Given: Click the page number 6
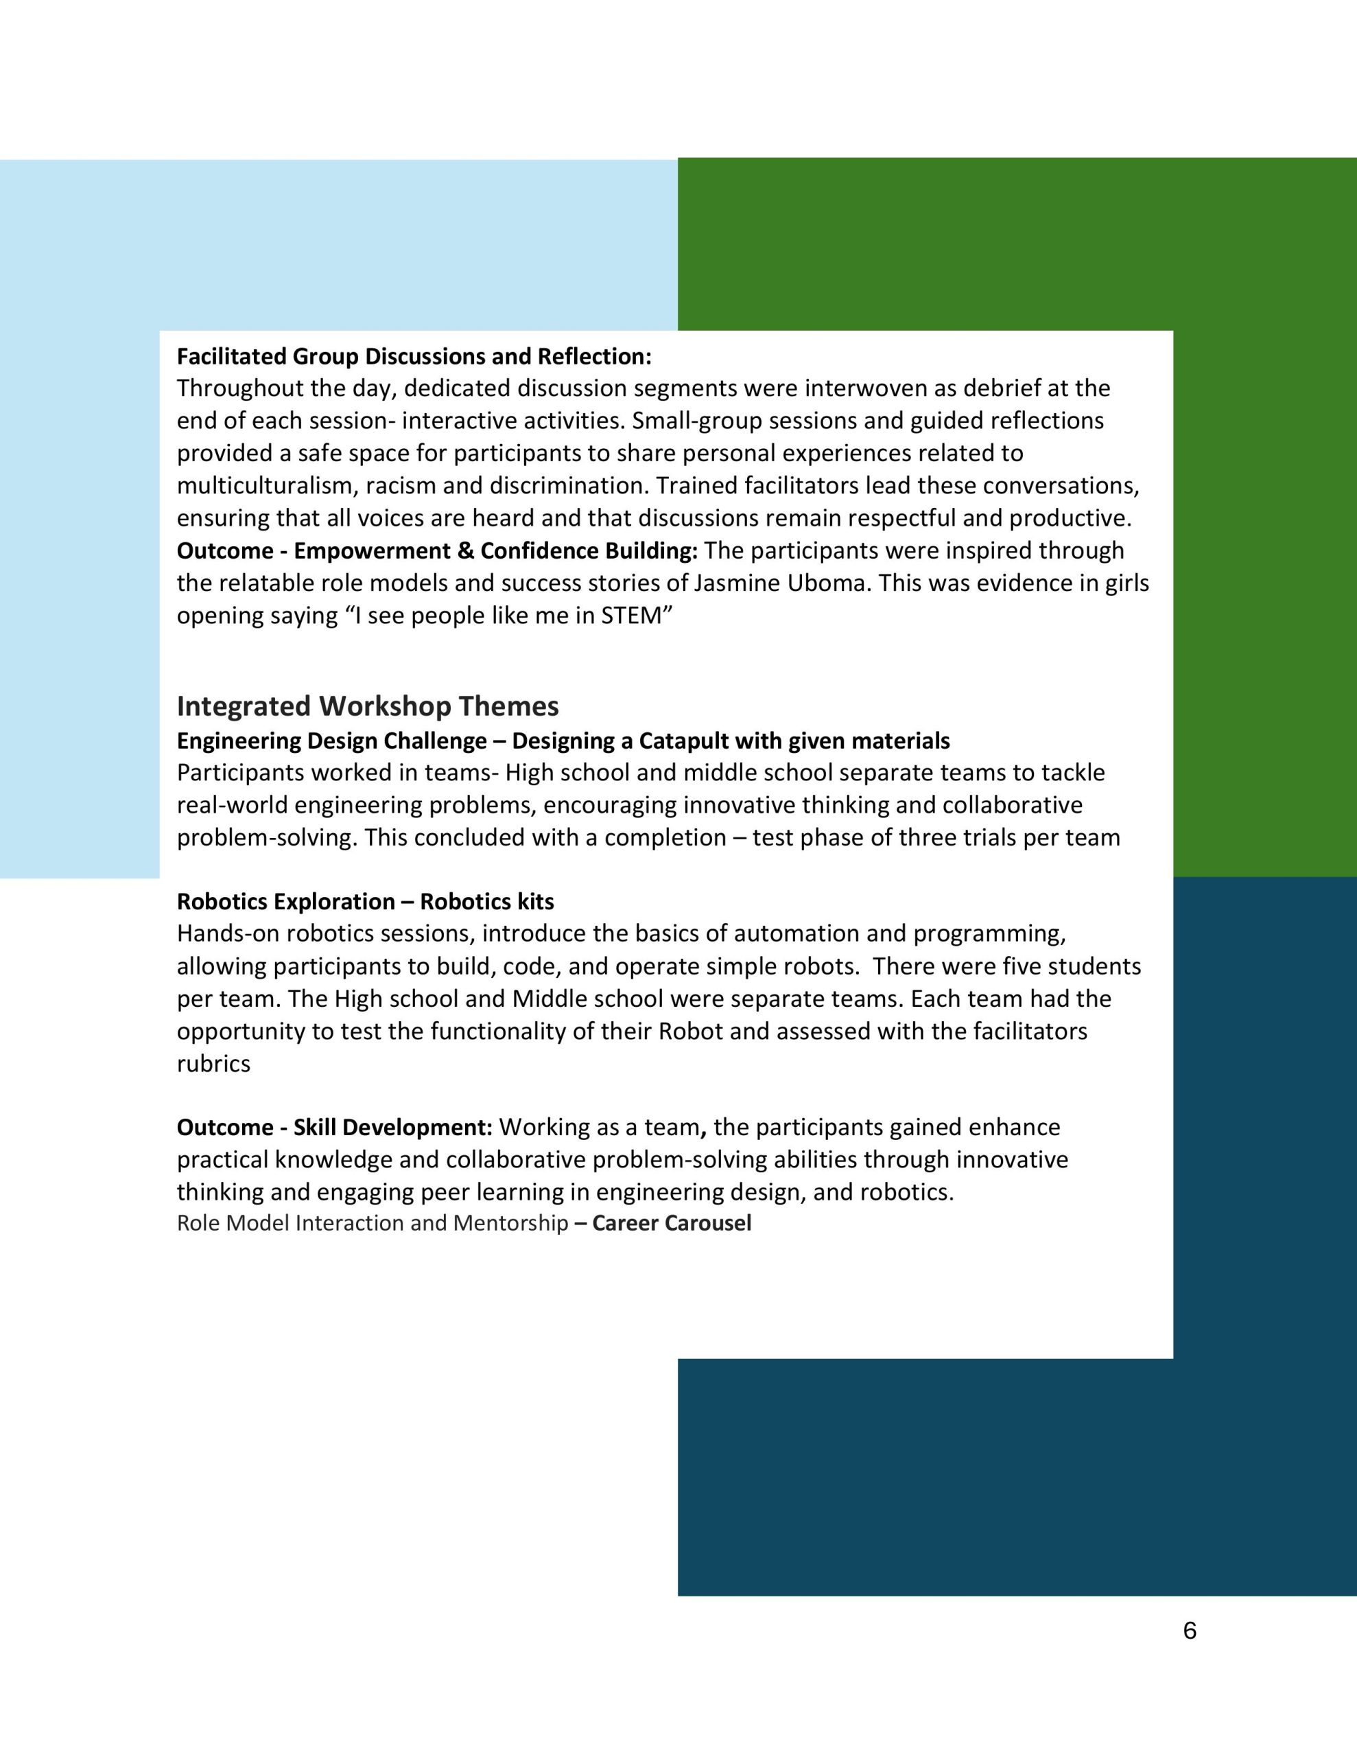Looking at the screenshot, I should pos(1190,1631).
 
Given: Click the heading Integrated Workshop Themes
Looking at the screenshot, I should pos(368,706).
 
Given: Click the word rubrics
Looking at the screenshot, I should pos(213,1064).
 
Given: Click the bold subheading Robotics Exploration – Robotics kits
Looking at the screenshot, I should pos(365,901).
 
